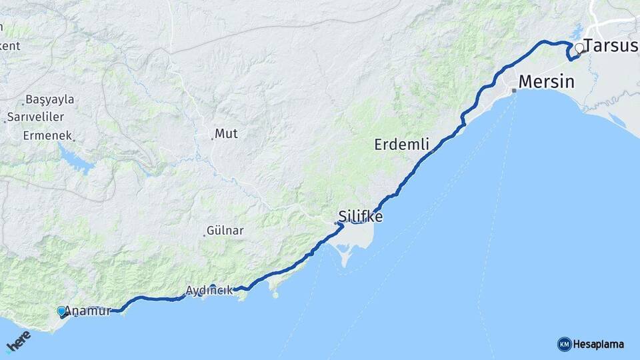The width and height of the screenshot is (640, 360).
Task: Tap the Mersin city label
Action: [x=546, y=82]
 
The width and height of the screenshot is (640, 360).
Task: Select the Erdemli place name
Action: [x=401, y=144]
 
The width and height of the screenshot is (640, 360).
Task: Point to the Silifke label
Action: [x=361, y=217]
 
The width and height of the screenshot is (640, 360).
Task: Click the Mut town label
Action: [x=227, y=133]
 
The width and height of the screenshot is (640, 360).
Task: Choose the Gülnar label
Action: [x=226, y=231]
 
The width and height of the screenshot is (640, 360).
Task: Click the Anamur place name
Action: [x=87, y=311]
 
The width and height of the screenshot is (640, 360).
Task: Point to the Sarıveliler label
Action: [x=35, y=117]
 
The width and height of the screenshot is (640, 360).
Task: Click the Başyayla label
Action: [x=51, y=100]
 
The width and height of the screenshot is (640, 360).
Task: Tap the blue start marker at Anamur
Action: [x=61, y=311]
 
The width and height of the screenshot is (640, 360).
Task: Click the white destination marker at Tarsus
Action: [x=579, y=48]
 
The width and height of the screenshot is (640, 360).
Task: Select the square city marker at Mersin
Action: [x=514, y=91]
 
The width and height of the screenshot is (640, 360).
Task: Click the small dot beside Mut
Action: [x=213, y=139]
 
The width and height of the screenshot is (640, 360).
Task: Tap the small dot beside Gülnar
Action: [x=204, y=235]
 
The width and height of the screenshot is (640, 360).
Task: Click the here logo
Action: [x=18, y=341]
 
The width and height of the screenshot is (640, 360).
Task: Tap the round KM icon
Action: [x=564, y=344]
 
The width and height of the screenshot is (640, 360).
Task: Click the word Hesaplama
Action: [x=599, y=345]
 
